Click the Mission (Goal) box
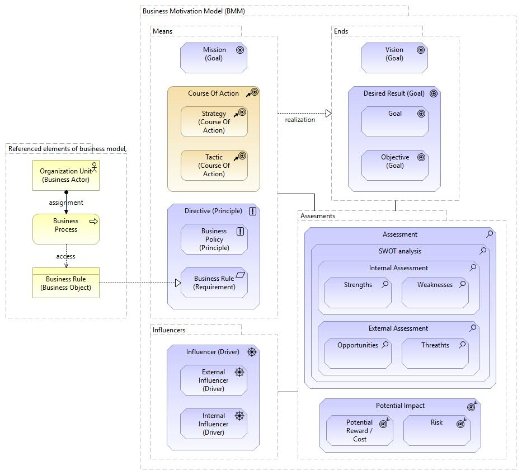coord(214,58)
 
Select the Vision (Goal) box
coord(394,58)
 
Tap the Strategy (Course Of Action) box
coord(214,121)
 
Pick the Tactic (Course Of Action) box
coord(214,165)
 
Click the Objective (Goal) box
coord(394,164)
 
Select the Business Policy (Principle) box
coord(214,239)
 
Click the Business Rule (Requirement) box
coord(214,283)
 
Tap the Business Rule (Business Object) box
coord(66,283)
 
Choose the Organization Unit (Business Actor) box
coord(66,175)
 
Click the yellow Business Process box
coord(66,229)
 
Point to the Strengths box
coord(358,293)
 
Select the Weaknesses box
coord(435,293)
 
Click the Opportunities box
coord(358,353)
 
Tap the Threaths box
coord(435,353)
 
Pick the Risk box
coord(436,430)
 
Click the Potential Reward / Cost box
coord(359,430)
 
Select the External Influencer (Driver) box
coord(214,380)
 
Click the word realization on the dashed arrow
coord(300,120)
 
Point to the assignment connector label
coord(66,203)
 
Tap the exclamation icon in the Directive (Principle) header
coord(252,211)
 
